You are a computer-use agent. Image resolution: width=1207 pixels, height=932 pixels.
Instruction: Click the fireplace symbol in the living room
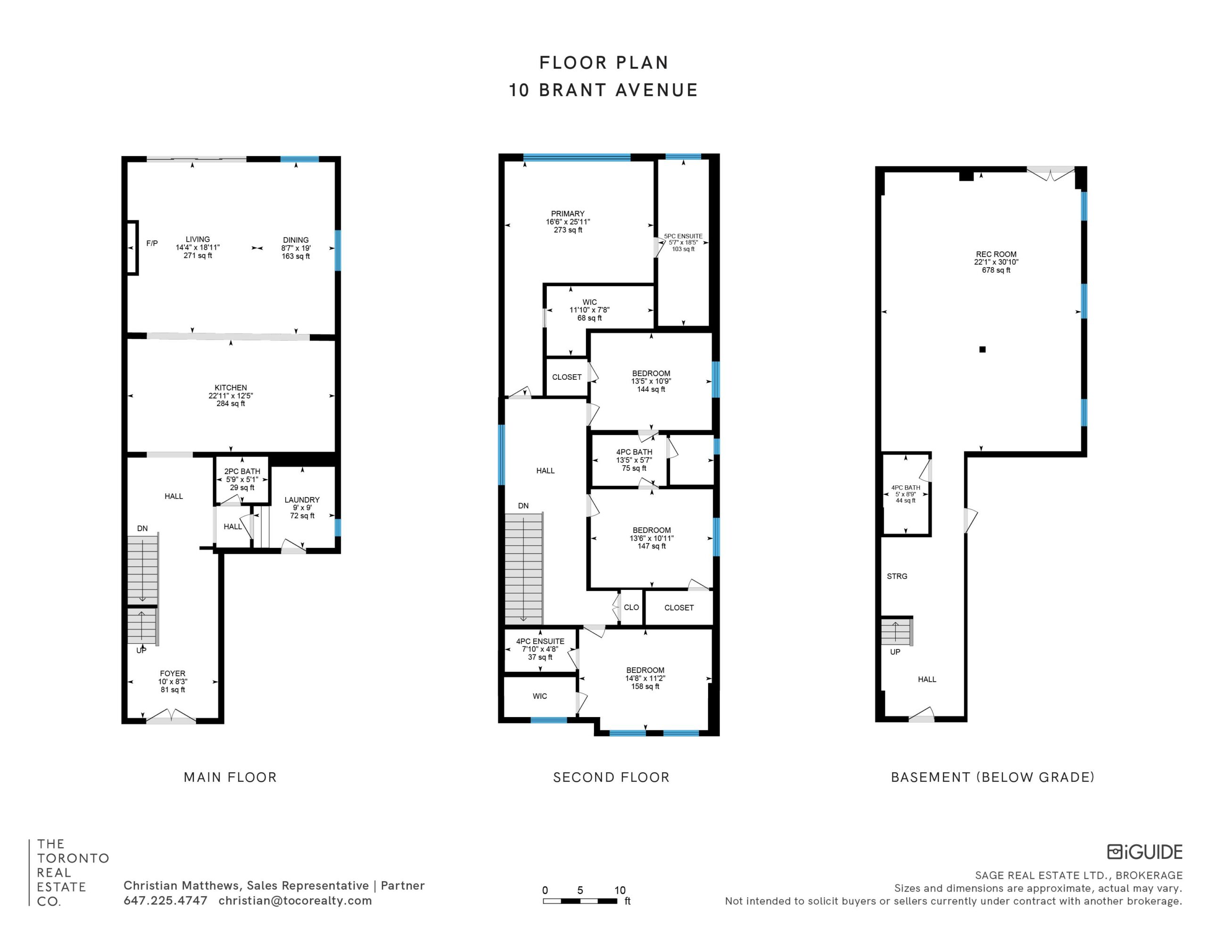132,247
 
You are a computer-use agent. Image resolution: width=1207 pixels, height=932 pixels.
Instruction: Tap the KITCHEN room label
231,388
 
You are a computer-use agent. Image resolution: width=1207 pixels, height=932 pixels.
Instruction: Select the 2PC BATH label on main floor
242,471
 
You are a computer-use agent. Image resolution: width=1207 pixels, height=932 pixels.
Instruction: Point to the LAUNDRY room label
302,500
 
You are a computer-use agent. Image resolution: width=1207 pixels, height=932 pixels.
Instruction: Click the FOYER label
173,673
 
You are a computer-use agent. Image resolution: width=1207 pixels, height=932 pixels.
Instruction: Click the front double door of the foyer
171,717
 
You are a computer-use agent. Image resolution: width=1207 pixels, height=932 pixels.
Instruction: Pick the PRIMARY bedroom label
568,214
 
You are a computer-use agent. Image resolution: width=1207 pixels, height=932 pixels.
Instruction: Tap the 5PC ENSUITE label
683,236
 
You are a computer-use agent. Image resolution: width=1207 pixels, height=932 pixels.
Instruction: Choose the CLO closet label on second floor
631,607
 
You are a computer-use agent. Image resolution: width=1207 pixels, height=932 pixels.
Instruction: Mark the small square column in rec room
982,349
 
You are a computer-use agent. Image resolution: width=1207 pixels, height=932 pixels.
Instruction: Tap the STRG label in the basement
897,576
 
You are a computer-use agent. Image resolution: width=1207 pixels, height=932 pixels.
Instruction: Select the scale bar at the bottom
580,901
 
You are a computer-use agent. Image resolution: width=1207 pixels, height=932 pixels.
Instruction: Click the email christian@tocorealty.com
295,900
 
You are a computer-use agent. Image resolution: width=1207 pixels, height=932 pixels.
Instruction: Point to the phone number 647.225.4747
165,900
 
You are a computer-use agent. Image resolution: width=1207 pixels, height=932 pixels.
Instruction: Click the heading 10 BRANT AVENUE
603,90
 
